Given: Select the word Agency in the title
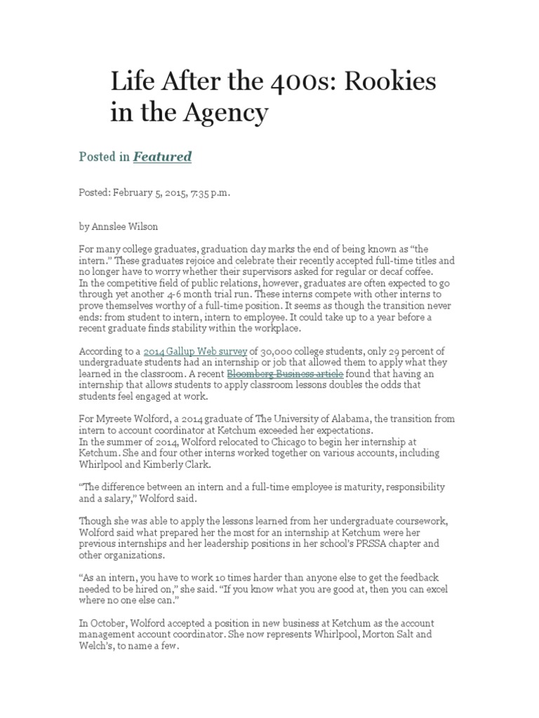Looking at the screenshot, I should point(232,111).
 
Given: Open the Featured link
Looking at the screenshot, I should point(162,156).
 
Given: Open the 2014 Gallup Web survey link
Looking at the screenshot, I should point(194,351).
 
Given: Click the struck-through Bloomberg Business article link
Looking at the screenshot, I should point(285,374).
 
